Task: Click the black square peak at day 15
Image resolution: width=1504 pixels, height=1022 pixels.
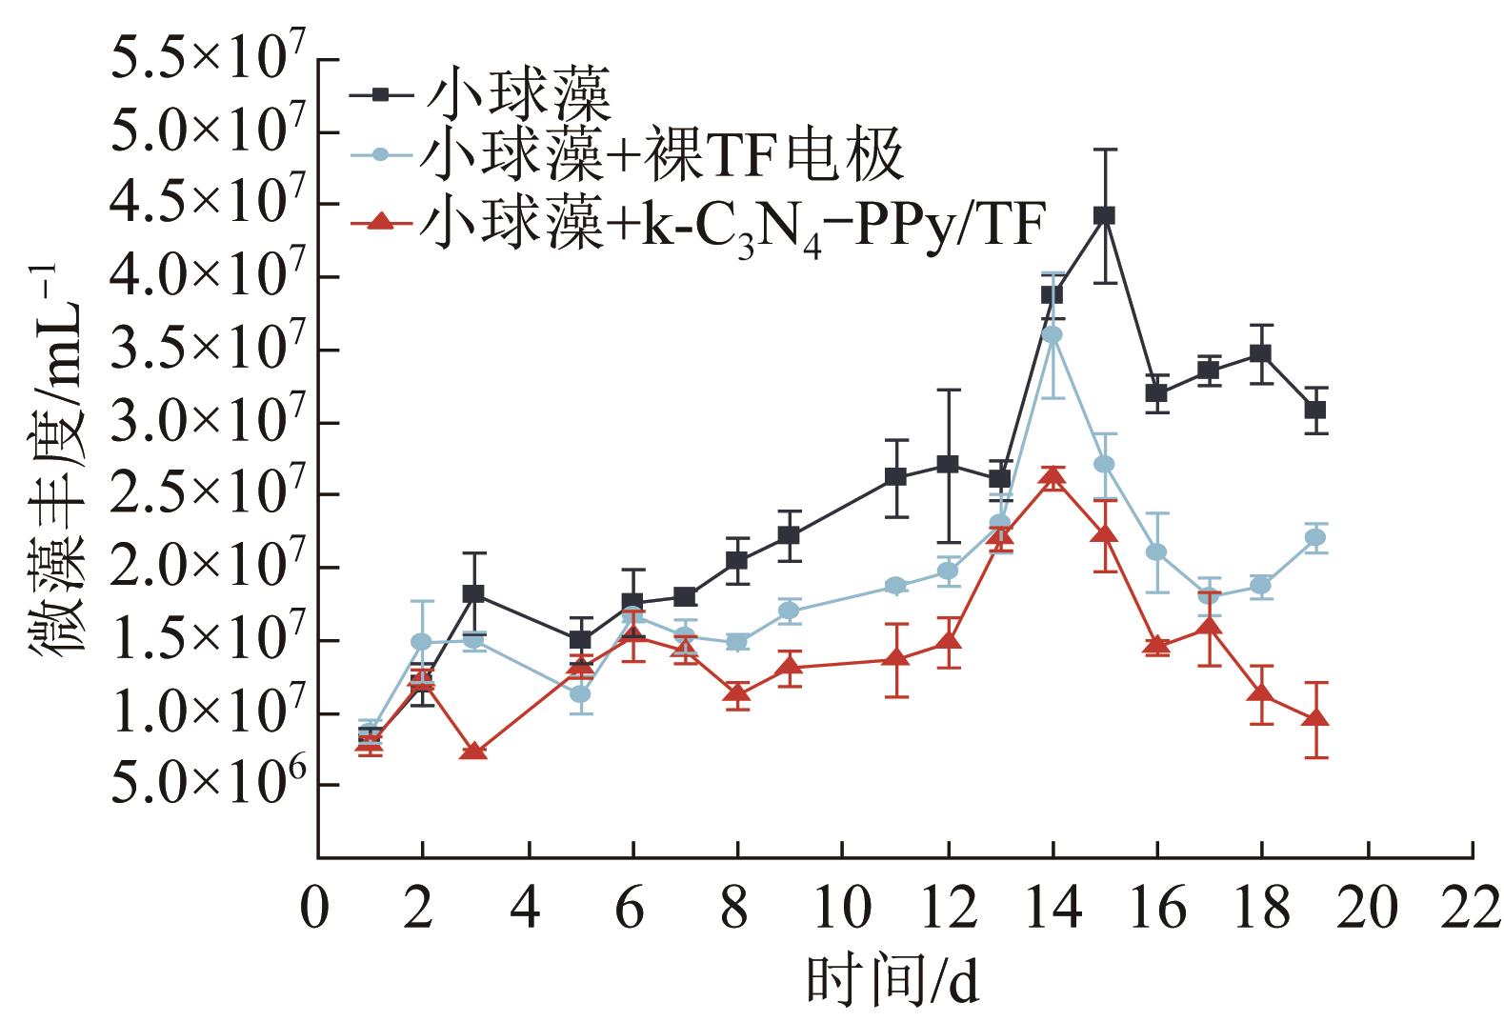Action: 1104,216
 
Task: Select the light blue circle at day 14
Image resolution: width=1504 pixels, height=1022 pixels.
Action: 1053,334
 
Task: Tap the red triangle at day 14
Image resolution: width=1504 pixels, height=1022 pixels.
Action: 1052,477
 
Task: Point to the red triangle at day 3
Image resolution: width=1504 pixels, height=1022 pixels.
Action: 473,751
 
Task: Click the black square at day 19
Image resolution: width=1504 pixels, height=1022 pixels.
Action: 1315,411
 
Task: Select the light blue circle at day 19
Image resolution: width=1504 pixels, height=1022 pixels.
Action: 1315,537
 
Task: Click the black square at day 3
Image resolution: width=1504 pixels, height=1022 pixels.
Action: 473,593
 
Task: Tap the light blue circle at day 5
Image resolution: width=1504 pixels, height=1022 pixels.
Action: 579,693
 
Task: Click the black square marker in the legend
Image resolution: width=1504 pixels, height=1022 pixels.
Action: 380,93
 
